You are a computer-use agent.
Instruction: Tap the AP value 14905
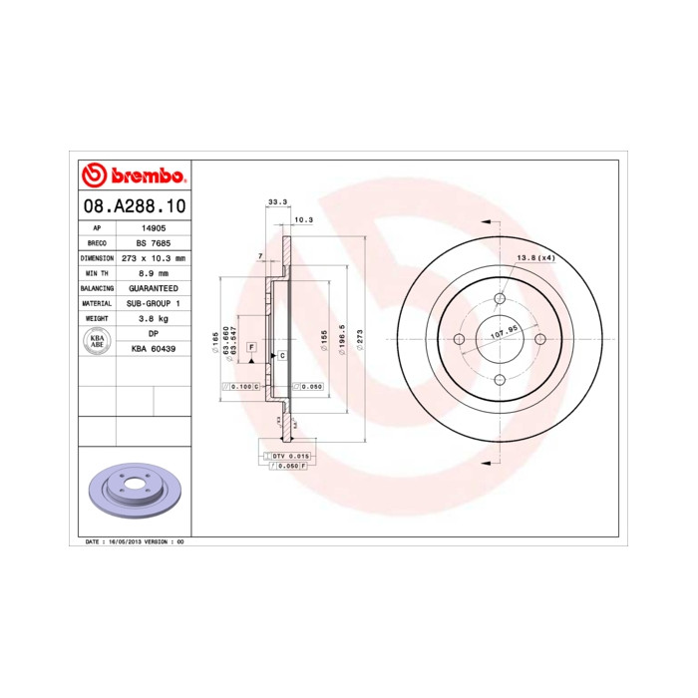coord(153,227)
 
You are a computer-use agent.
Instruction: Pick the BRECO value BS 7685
coord(153,242)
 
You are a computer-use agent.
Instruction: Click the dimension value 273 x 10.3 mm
coord(153,257)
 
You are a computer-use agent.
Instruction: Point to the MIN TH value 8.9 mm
coord(153,272)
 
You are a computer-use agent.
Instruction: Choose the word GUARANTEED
coord(153,287)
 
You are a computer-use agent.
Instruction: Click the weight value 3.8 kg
coord(153,317)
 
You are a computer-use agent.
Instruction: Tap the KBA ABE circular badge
coord(97,340)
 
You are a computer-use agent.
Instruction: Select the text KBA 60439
coord(153,348)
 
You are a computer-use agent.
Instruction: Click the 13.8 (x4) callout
coord(534,258)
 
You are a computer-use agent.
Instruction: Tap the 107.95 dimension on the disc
coord(507,332)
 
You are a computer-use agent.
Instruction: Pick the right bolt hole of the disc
coord(540,338)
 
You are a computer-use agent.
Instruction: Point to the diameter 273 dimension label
coord(359,340)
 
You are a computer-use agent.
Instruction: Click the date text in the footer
coord(136,540)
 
